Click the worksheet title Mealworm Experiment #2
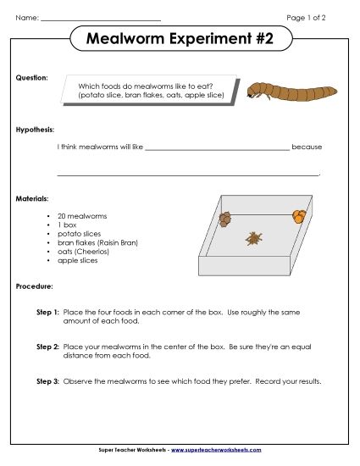coord(180,41)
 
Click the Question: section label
coord(32,77)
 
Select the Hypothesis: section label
coord(36,130)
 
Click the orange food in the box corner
coord(298,215)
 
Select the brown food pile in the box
coord(224,219)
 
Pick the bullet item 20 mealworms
coord(83,217)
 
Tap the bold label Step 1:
coord(47,313)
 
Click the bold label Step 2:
coord(47,347)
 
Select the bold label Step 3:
coord(47,381)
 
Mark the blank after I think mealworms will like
coord(217,148)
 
